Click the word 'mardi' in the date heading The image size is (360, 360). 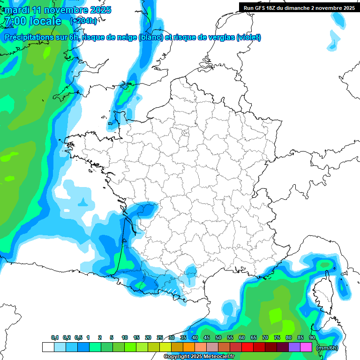click(17, 10)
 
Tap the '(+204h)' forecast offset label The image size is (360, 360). click(83, 21)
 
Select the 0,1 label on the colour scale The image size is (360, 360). click(55, 337)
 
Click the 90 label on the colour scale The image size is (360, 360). click(312, 337)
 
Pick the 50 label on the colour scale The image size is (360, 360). click(218, 337)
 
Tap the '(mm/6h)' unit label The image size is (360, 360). click(327, 348)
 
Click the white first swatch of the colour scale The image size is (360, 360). click(48, 347)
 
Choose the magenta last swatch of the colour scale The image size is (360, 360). click(306, 347)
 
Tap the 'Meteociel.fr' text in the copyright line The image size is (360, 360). click(218, 357)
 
